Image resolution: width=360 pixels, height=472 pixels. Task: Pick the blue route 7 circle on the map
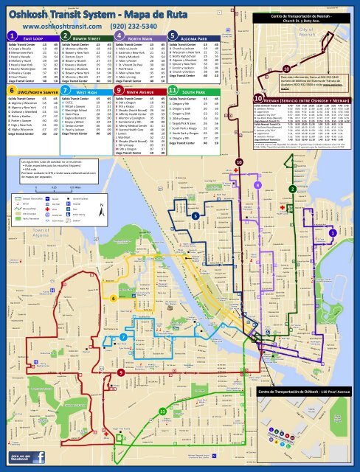[122, 336]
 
